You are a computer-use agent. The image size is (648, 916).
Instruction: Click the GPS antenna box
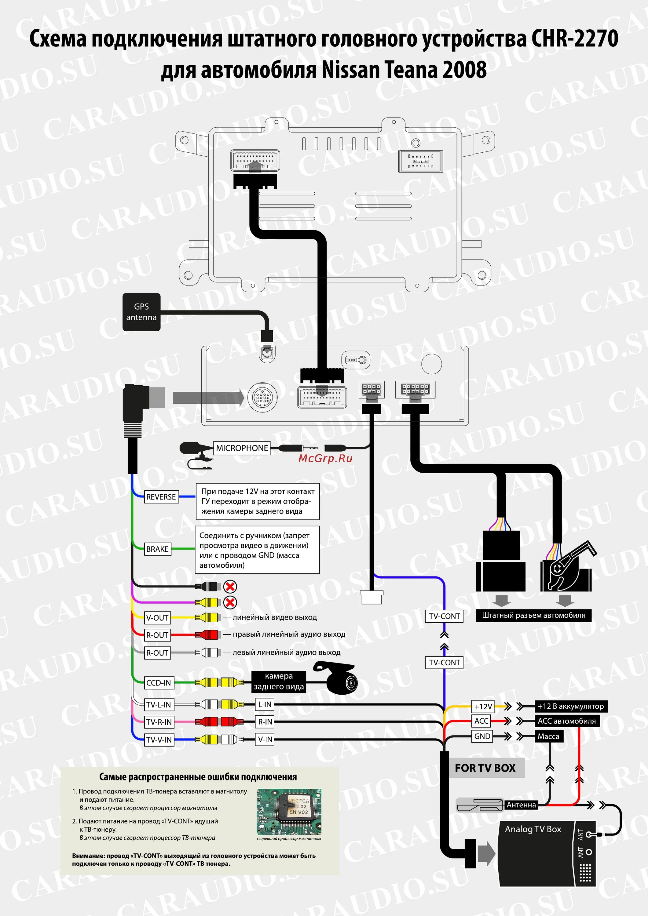(x=141, y=312)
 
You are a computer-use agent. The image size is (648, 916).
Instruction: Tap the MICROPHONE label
(x=242, y=448)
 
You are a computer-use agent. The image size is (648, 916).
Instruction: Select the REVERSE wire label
(x=161, y=497)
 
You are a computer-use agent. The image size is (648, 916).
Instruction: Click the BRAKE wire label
(x=157, y=549)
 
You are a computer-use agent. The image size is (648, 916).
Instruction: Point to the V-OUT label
(x=157, y=618)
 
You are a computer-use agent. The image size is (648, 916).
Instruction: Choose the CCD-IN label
(x=159, y=683)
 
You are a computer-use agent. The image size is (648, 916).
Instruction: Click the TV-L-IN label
(x=159, y=704)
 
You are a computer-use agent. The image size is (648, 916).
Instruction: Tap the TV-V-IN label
(x=159, y=740)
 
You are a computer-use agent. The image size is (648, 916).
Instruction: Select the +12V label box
(x=483, y=707)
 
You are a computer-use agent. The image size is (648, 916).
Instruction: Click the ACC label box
(x=481, y=721)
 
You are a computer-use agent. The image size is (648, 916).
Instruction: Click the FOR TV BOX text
(x=485, y=768)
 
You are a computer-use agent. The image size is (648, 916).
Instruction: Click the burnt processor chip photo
(x=289, y=812)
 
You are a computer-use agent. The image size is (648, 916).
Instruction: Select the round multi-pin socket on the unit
(x=262, y=397)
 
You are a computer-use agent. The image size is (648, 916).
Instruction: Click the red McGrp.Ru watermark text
(x=325, y=458)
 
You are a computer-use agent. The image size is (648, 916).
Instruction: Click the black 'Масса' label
(x=549, y=736)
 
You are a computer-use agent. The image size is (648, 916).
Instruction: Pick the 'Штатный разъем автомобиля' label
(x=533, y=615)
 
